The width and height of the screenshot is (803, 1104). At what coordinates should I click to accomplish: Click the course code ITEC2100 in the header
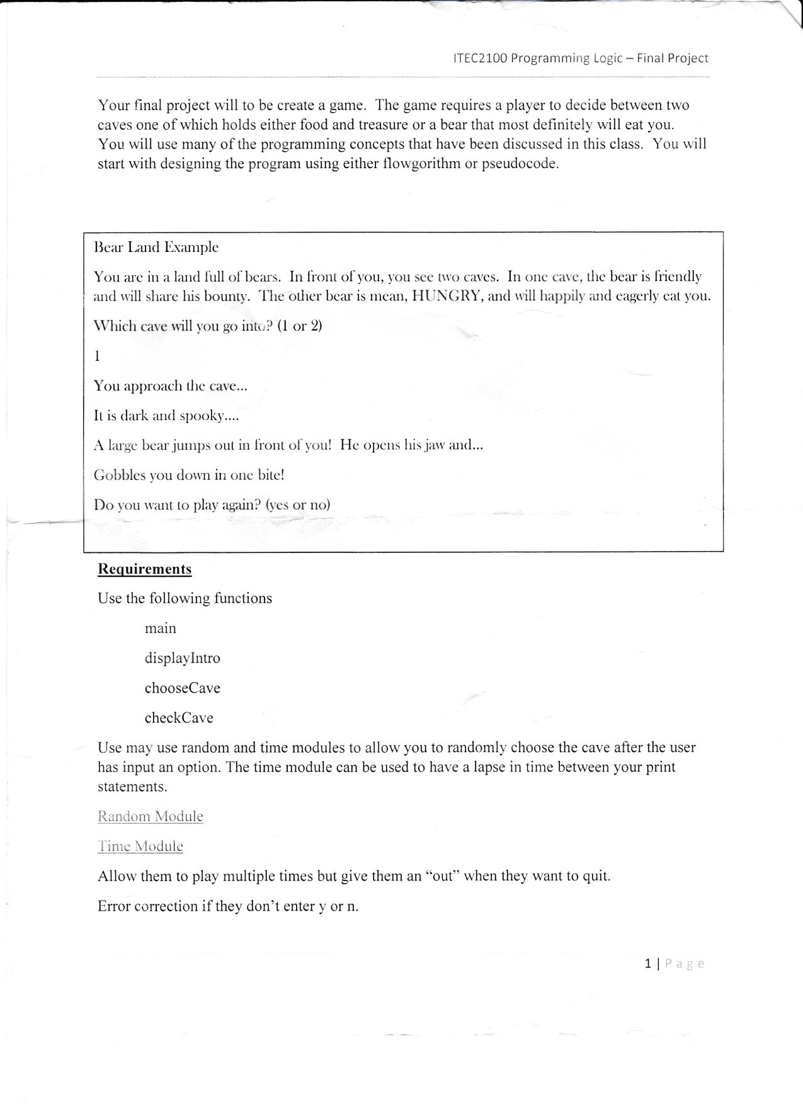point(480,59)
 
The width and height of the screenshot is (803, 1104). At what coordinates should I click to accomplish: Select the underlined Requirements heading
point(144,569)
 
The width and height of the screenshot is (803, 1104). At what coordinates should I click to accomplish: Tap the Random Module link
point(150,817)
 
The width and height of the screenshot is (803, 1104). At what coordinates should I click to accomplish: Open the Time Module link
point(140,846)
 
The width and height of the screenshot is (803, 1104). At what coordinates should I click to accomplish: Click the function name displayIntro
point(182,658)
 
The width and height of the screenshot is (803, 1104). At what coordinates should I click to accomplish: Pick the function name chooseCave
point(182,688)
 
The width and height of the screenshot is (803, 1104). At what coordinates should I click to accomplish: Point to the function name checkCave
point(179,718)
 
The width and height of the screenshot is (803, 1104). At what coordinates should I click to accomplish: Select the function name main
point(160,629)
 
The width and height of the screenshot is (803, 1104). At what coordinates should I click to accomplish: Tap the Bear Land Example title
point(156,247)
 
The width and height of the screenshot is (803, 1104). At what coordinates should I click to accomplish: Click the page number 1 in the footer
point(648,964)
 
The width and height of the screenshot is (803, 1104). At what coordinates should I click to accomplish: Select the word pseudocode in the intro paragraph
point(519,164)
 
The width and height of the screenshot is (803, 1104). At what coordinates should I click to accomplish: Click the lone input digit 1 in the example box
point(97,356)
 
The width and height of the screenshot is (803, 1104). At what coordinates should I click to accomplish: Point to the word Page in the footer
point(685,964)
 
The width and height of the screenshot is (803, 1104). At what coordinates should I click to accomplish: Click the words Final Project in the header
point(672,59)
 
